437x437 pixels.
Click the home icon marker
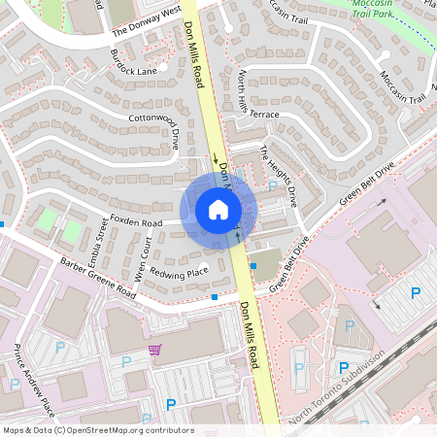pos(218,209)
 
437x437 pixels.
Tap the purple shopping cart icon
pos(153,350)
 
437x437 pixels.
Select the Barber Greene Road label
pos(98,277)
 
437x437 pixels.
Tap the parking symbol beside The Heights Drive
pos(273,185)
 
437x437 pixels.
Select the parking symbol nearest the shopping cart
pos(124,361)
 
